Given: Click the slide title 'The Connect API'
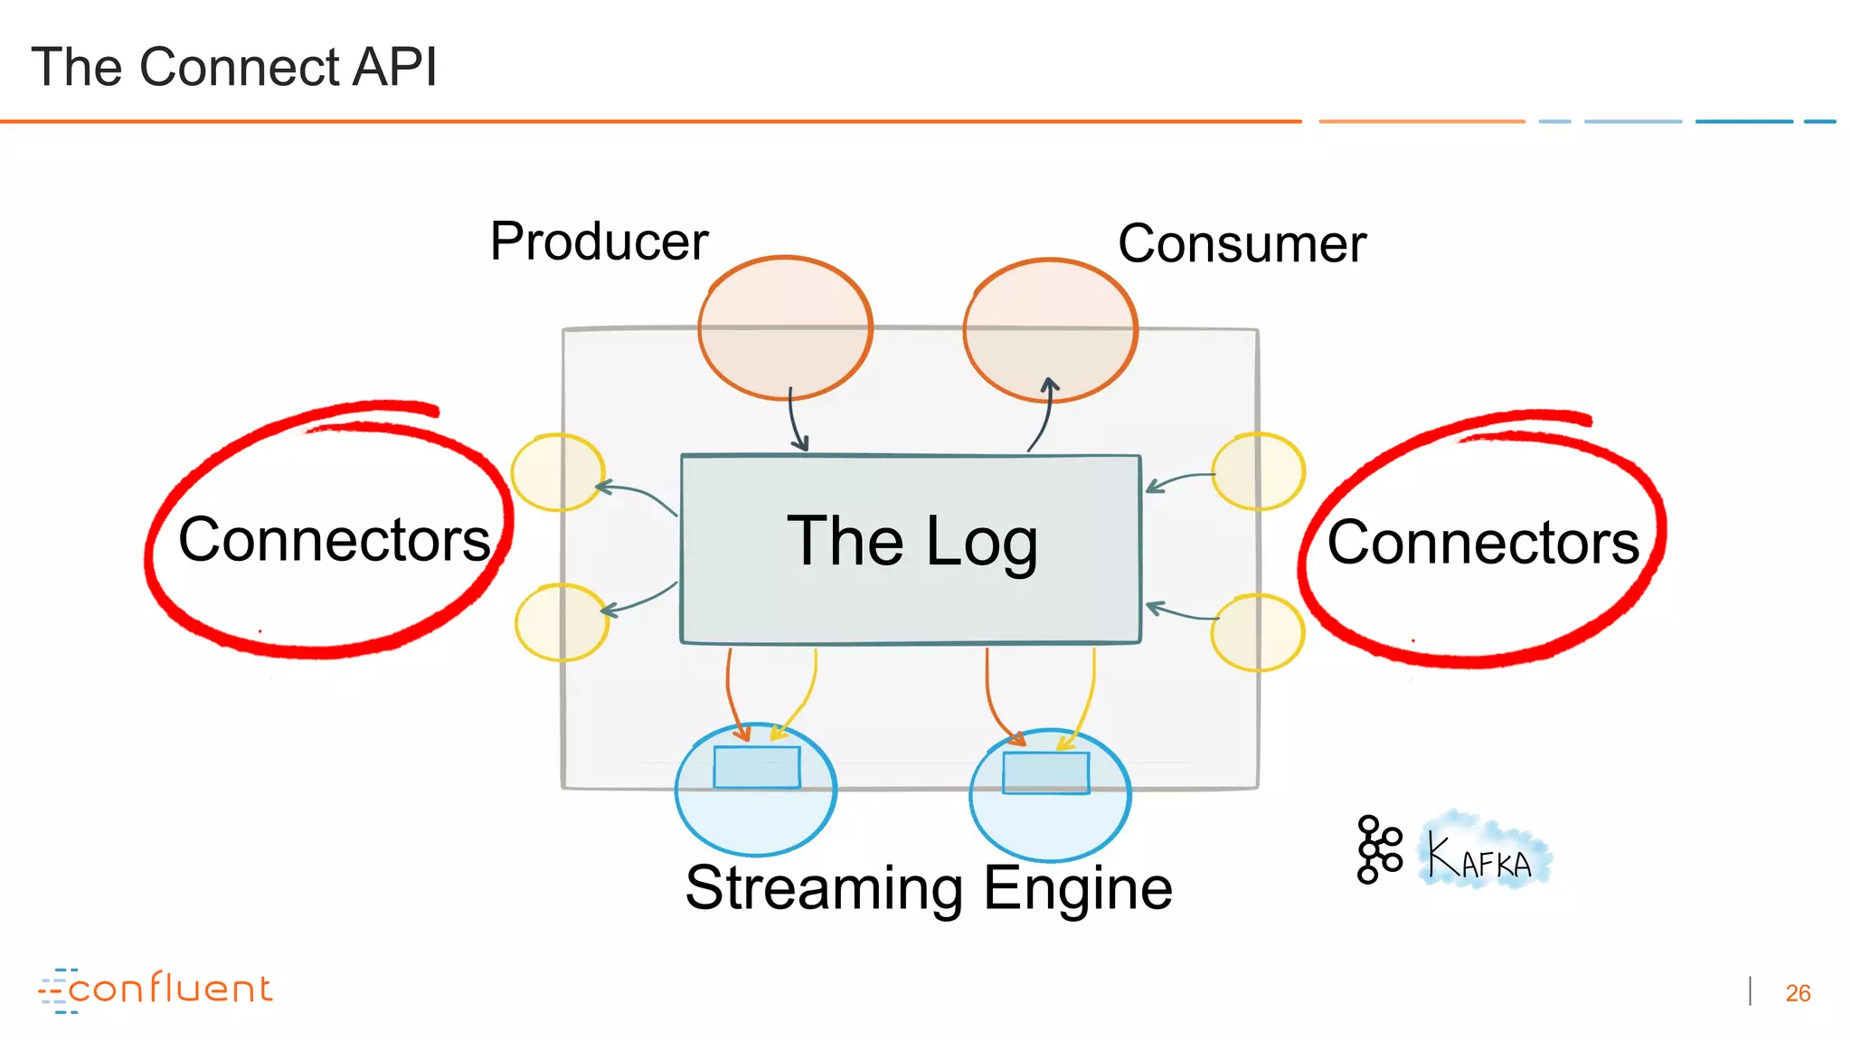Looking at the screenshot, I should (x=234, y=67).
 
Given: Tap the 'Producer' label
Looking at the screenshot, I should (x=599, y=242).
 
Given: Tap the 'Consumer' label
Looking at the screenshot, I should (x=1242, y=244).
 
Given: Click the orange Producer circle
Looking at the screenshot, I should (x=785, y=327).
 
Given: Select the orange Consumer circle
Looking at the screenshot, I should (x=1050, y=330).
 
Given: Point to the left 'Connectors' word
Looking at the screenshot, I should (x=334, y=540).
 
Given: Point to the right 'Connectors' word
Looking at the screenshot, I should (x=1483, y=543).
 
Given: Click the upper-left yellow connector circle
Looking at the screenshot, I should (x=557, y=472).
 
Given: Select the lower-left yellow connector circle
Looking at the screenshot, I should (x=562, y=622).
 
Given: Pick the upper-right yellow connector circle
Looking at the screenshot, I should (x=1258, y=471).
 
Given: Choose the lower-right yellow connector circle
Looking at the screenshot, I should (x=1257, y=632).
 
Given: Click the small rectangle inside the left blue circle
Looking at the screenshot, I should (x=757, y=767).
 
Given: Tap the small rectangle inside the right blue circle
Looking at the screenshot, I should (x=1045, y=773).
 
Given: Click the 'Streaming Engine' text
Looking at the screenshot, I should (x=929, y=888).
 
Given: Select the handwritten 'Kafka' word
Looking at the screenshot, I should (x=1480, y=856).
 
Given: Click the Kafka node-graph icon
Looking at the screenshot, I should (x=1378, y=849).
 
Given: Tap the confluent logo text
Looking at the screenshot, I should (x=169, y=989).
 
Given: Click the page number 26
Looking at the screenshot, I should (x=1798, y=993).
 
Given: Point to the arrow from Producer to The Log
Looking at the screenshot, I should (x=795, y=421).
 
